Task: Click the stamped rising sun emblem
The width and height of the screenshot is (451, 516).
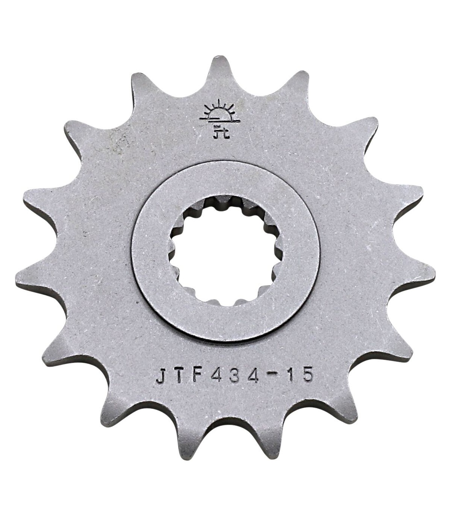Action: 219,114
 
